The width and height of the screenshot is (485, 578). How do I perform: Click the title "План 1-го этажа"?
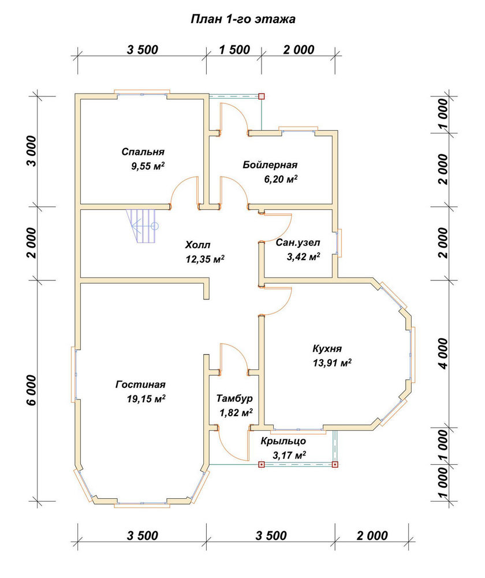[x=243, y=19]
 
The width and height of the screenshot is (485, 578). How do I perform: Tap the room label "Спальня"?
[x=143, y=151]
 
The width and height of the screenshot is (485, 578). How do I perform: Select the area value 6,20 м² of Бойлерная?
[x=281, y=179]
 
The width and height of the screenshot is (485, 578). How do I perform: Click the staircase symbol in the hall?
[x=142, y=226]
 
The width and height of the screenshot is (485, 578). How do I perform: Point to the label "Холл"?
[x=198, y=244]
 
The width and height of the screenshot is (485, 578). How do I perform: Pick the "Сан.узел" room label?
[x=298, y=243]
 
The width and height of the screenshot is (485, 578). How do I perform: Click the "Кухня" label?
[x=327, y=349]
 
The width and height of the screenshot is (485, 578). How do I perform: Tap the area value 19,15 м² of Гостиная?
[x=146, y=398]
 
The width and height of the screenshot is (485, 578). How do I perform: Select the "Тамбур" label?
[x=234, y=398]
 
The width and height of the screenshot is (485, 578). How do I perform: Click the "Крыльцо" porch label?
[x=283, y=441]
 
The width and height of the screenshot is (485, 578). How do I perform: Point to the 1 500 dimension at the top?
[x=234, y=49]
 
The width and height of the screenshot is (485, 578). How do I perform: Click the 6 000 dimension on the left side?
[x=32, y=391]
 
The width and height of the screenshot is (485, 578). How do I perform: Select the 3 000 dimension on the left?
[x=32, y=151]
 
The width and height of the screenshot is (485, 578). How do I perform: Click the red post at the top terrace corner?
[x=262, y=97]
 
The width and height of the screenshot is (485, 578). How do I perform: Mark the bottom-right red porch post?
[x=335, y=465]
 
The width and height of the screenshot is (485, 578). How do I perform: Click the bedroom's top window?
[x=142, y=94]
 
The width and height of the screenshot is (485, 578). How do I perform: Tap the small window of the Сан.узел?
[x=339, y=243]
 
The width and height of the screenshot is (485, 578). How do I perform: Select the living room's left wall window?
[x=74, y=373]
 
